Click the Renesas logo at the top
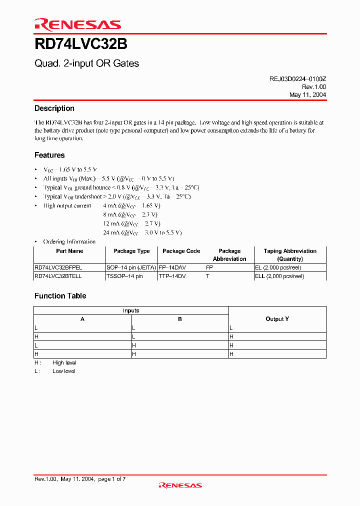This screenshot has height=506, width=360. [x=77, y=24]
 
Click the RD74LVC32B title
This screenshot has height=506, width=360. [x=80, y=44]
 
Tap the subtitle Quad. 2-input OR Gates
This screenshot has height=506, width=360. [x=86, y=63]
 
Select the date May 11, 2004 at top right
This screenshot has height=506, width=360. [x=307, y=94]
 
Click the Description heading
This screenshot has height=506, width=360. [x=54, y=108]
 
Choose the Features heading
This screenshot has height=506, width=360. [x=49, y=155]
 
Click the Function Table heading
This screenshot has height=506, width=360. [x=60, y=296]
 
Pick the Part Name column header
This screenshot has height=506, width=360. [x=69, y=251]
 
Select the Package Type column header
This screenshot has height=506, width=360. [x=131, y=251]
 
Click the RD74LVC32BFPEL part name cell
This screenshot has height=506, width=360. [x=58, y=267]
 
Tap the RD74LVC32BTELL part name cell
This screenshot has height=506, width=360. [x=58, y=276]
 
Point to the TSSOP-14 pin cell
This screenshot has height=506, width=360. [x=124, y=276]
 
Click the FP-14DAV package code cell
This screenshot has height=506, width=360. [x=172, y=267]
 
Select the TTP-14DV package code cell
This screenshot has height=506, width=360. [x=172, y=276]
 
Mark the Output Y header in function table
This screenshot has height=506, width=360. [x=277, y=319]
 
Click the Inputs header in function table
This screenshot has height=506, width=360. [x=131, y=310]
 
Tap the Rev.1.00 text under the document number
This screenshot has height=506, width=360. [x=314, y=86]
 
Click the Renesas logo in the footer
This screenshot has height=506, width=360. [x=180, y=485]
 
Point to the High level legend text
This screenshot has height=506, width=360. [x=64, y=362]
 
